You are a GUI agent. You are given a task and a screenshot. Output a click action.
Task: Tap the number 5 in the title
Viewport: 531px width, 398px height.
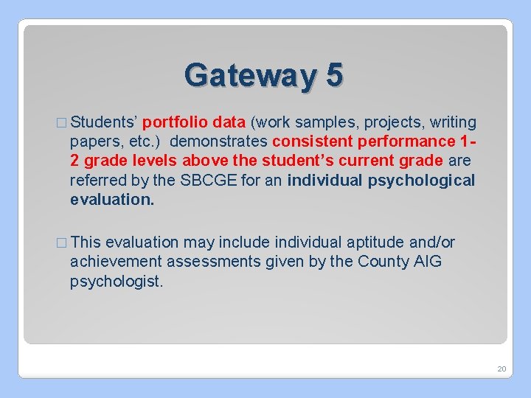pos(333,75)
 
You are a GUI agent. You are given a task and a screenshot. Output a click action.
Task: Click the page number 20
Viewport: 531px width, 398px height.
pos(502,368)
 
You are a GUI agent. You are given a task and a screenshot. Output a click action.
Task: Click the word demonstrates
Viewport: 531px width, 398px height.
pos(221,142)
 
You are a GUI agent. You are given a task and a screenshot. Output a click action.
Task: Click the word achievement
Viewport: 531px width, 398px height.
pos(116,262)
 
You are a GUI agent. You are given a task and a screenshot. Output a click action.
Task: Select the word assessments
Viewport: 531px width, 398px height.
pos(213,262)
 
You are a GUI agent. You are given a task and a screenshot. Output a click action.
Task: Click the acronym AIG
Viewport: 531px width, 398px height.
pos(428,262)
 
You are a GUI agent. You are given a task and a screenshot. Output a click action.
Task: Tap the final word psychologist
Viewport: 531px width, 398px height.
pos(116,282)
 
